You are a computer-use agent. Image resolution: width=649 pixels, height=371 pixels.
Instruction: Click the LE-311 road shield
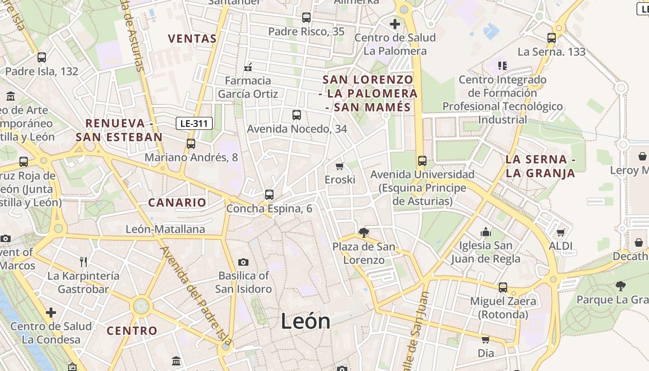(195, 123)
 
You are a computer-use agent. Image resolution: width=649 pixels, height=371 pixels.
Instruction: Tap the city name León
(305, 321)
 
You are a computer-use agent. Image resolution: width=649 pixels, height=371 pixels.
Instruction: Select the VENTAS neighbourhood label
(192, 38)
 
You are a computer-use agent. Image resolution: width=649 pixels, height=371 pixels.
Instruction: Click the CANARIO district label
(177, 202)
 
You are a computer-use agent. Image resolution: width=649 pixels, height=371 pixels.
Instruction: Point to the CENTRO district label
(132, 331)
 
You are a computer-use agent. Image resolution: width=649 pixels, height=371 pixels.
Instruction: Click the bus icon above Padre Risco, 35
(306, 18)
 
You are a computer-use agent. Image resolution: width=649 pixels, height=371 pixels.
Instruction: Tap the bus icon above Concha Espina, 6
(269, 195)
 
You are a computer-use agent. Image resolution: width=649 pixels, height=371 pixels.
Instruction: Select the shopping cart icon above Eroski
(340, 166)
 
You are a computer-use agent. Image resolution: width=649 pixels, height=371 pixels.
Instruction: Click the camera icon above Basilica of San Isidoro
(243, 262)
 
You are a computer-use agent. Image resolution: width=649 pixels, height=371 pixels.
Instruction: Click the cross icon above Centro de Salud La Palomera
(395, 24)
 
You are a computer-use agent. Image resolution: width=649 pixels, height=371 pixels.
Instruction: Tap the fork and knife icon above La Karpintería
(83, 262)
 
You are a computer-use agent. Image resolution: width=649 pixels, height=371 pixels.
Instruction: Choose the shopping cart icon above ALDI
(561, 232)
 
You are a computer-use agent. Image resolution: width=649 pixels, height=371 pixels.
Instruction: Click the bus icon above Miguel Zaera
(503, 288)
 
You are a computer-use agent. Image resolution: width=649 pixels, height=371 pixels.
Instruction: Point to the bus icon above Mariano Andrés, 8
(191, 144)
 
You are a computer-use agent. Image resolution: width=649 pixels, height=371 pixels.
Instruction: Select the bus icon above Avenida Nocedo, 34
(297, 115)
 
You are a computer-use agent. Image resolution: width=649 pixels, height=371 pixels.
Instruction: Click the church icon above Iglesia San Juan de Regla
(486, 232)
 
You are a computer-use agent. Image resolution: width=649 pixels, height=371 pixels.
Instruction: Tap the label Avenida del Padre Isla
(196, 297)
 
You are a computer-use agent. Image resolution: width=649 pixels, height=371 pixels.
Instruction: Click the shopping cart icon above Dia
(486, 339)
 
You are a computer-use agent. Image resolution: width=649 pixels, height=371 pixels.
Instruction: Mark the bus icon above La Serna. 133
(552, 38)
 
